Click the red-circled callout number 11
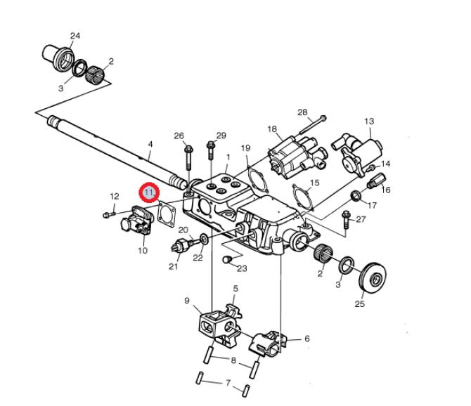tap(150, 192)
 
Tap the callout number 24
tap(75, 35)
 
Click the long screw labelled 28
tap(312, 124)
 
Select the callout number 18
tap(272, 129)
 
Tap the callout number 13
tap(368, 122)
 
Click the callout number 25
tap(360, 303)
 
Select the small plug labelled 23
tap(227, 261)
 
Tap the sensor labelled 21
tap(182, 246)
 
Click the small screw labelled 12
tap(107, 214)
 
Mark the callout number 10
tap(143, 250)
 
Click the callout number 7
tap(227, 384)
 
